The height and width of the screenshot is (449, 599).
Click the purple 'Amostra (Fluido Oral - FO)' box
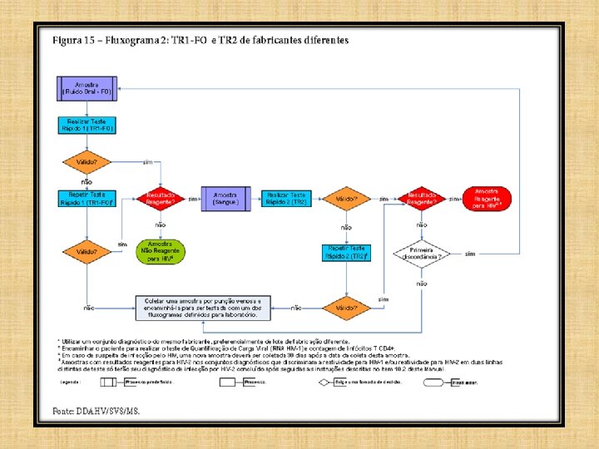pyautogui.click(x=87, y=87)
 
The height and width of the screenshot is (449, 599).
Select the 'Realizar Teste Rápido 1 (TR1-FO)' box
pyautogui.click(x=87, y=125)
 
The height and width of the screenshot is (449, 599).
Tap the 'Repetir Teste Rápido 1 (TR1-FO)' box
pyautogui.click(x=87, y=199)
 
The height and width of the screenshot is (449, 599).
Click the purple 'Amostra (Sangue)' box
pyautogui.click(x=225, y=199)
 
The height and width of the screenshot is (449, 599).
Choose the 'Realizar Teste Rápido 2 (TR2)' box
pyautogui.click(x=286, y=199)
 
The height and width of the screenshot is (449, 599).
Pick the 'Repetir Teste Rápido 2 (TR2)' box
pyautogui.click(x=346, y=251)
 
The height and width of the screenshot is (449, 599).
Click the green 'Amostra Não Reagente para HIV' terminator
pyautogui.click(x=161, y=251)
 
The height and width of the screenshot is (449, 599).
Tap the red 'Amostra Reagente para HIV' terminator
pyautogui.click(x=488, y=199)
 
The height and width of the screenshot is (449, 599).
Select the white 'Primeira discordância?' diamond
pyautogui.click(x=422, y=253)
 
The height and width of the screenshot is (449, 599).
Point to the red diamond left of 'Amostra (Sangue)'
pyautogui.click(x=161, y=199)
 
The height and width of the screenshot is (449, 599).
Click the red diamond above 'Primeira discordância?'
pyautogui.click(x=422, y=199)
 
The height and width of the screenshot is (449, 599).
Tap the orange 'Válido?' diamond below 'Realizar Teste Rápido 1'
pyautogui.click(x=87, y=161)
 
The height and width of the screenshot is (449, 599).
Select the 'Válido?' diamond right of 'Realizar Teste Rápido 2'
pyautogui.click(x=347, y=199)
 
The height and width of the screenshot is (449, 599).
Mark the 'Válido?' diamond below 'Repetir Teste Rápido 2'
pyautogui.click(x=347, y=307)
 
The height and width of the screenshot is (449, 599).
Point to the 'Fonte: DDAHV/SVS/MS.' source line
pyautogui.click(x=97, y=411)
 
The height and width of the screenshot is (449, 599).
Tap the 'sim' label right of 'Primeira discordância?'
pyautogui.click(x=470, y=253)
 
